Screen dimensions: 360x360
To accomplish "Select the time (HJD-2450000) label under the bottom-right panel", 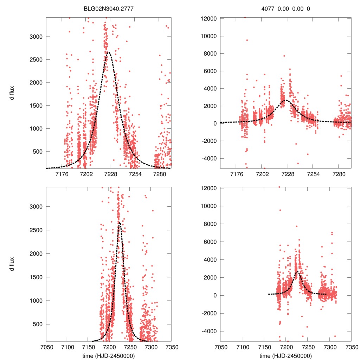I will coord(286,356).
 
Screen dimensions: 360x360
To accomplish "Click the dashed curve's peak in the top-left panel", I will coord(108,52).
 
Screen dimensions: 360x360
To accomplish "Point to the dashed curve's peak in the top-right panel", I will coord(286,100).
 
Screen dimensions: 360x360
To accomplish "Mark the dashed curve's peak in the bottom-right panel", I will coord(297,271).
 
